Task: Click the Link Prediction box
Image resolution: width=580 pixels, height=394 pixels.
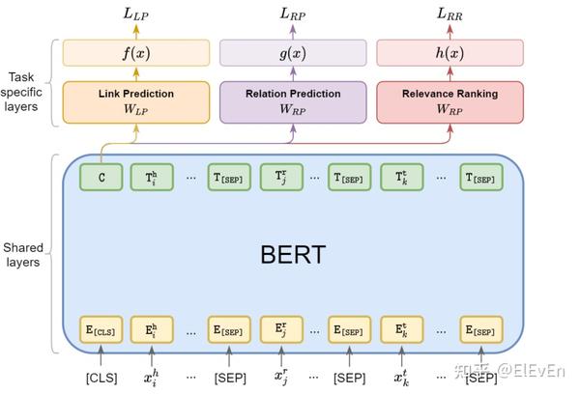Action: (136, 102)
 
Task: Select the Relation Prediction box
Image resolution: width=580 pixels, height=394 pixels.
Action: (293, 102)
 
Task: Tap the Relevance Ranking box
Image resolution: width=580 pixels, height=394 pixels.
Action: (449, 102)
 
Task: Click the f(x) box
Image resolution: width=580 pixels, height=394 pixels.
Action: (136, 52)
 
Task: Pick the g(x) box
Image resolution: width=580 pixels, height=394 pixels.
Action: (293, 52)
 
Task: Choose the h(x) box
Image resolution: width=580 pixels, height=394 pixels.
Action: (449, 52)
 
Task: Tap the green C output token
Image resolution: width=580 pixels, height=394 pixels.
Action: (101, 177)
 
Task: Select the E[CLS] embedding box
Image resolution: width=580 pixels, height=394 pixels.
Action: (101, 330)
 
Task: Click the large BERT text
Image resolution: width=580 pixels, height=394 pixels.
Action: (293, 255)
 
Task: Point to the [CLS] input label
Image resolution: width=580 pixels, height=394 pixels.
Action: (101, 377)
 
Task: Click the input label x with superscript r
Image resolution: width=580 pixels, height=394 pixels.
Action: (279, 377)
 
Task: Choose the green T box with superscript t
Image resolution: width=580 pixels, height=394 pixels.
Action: (401, 177)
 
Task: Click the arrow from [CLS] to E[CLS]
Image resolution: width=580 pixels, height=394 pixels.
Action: (101, 355)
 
